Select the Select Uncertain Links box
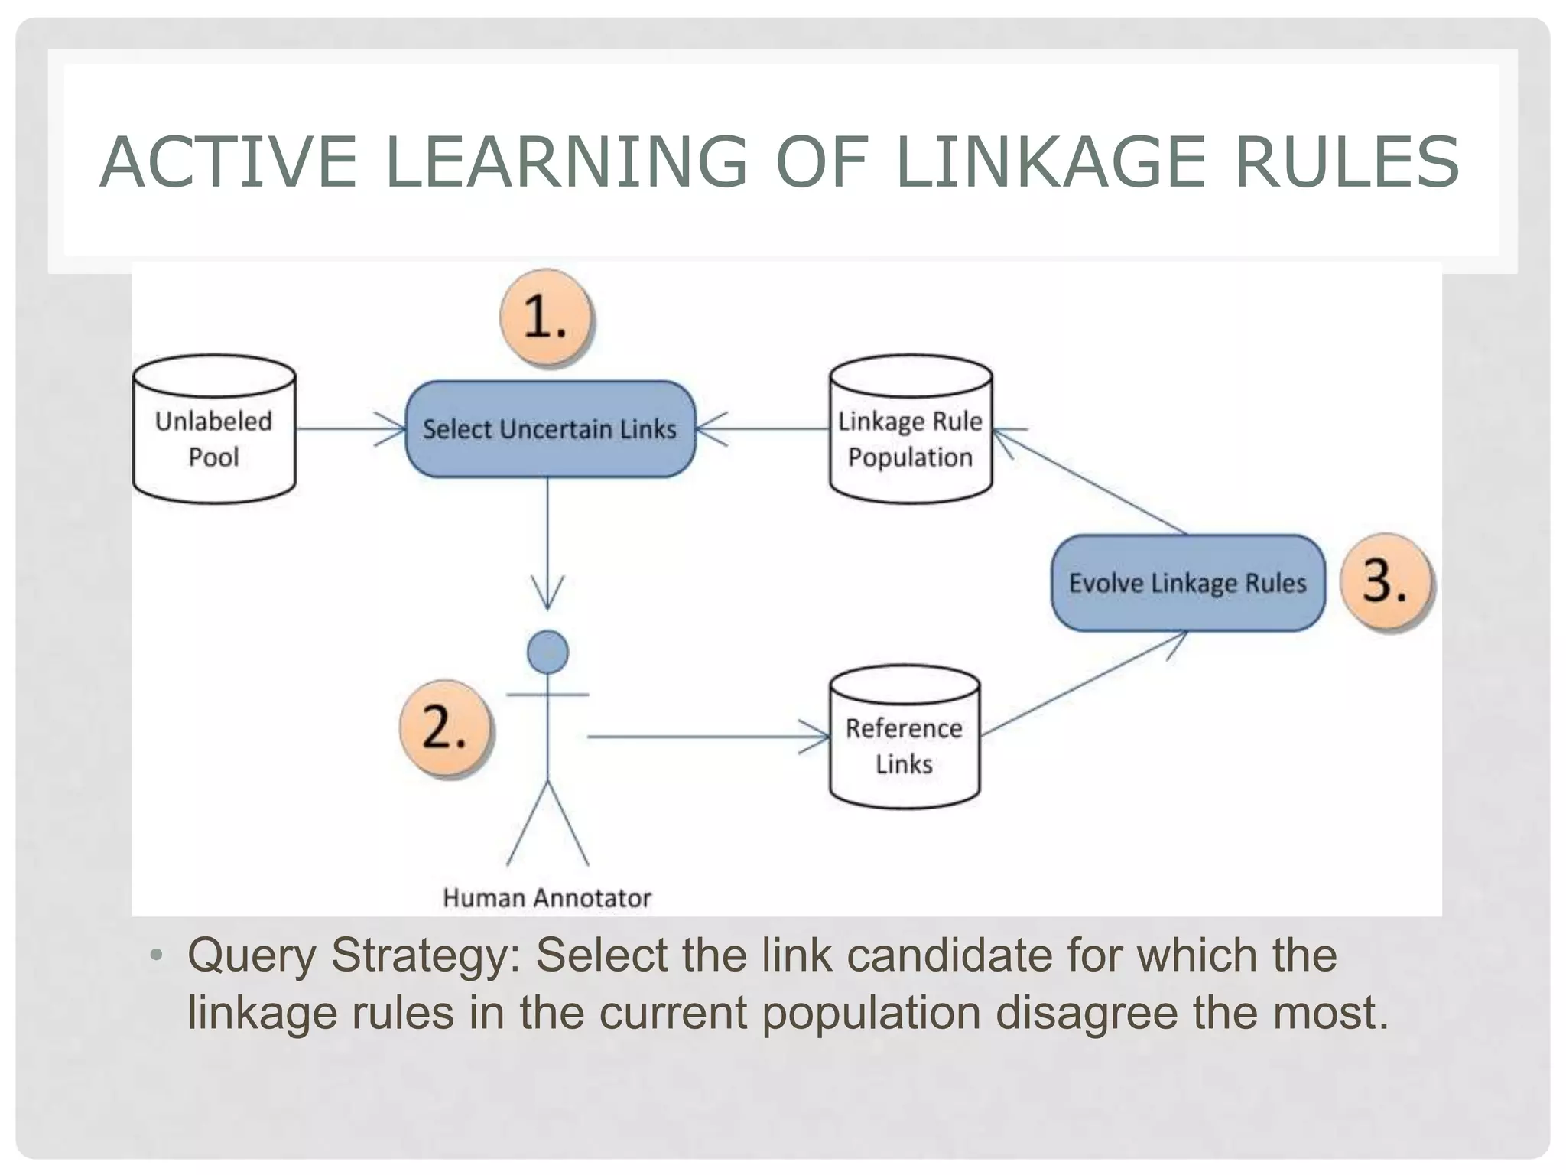click(550, 429)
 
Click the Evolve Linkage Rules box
click(1187, 583)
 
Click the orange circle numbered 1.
click(546, 317)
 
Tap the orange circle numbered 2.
click(445, 727)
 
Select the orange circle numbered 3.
click(1386, 581)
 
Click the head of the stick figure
click(547, 652)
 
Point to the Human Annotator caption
click(547, 897)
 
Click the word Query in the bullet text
click(252, 956)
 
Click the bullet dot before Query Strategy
click(157, 955)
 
